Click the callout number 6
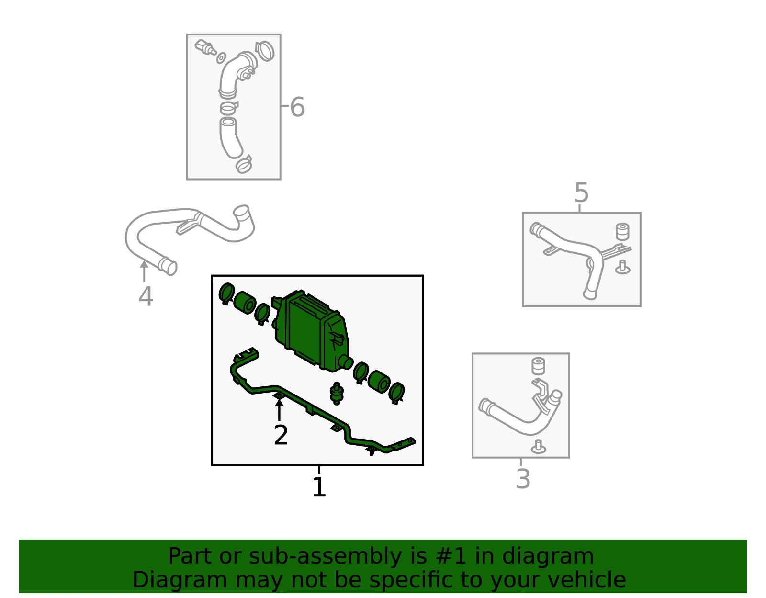297,107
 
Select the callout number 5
581,192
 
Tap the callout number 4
146,296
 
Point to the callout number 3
523,479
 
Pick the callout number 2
281,435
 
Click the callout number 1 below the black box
319,487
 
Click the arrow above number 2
279,409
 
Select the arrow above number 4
144,271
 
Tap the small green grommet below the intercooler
336,393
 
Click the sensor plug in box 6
205,47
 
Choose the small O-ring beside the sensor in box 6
221,58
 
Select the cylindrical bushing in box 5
622,231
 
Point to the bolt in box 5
622,268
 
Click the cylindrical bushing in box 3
538,366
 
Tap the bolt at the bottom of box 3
538,447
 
